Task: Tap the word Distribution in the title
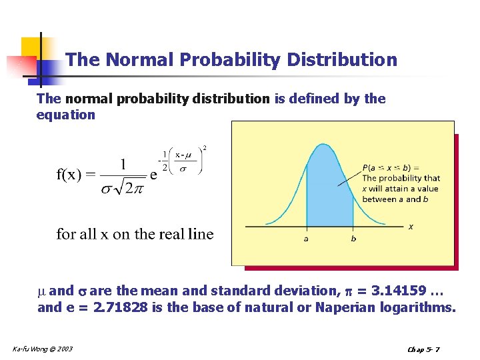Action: point(342,61)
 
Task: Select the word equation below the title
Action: point(66,115)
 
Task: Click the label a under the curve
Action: point(306,239)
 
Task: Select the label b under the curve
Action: point(353,239)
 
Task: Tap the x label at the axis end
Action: point(411,227)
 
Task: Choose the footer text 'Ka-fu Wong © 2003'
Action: point(43,349)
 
